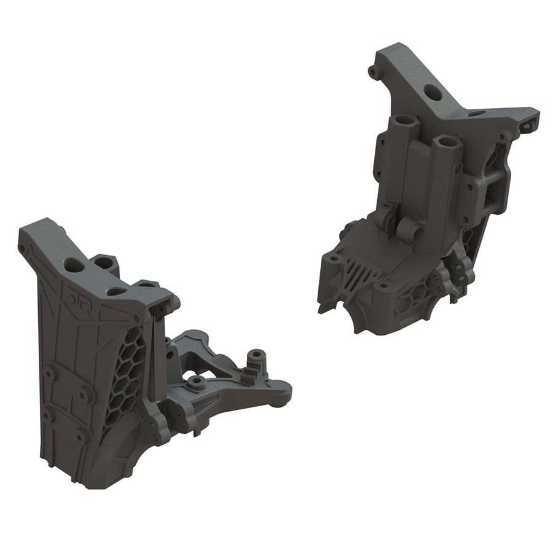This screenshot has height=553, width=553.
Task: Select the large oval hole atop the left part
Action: (x=75, y=265)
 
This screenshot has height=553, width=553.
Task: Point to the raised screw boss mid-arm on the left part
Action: (x=196, y=382)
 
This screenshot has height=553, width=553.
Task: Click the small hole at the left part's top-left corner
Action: (x=23, y=249)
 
